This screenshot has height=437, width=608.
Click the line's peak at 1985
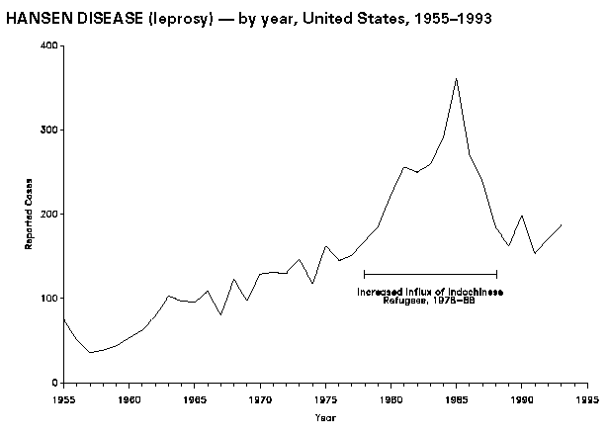456,78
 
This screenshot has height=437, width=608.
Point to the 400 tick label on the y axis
47,45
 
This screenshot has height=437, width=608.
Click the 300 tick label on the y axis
47,130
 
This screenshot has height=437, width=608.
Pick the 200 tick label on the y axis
47,214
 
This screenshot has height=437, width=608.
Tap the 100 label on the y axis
47,299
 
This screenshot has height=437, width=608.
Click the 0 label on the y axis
53,383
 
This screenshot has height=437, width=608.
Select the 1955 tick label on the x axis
64,400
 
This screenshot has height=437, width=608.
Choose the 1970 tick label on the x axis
260,400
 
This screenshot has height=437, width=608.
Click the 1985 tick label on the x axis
456,400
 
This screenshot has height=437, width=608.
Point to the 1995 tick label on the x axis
586,400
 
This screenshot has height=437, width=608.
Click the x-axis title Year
325,418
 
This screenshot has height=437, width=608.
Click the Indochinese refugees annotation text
430,295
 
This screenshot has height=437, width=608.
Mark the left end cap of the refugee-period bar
365,274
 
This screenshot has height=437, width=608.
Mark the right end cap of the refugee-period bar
495,274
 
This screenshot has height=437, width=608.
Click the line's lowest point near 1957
90,353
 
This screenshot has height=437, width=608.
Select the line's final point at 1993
561,225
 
